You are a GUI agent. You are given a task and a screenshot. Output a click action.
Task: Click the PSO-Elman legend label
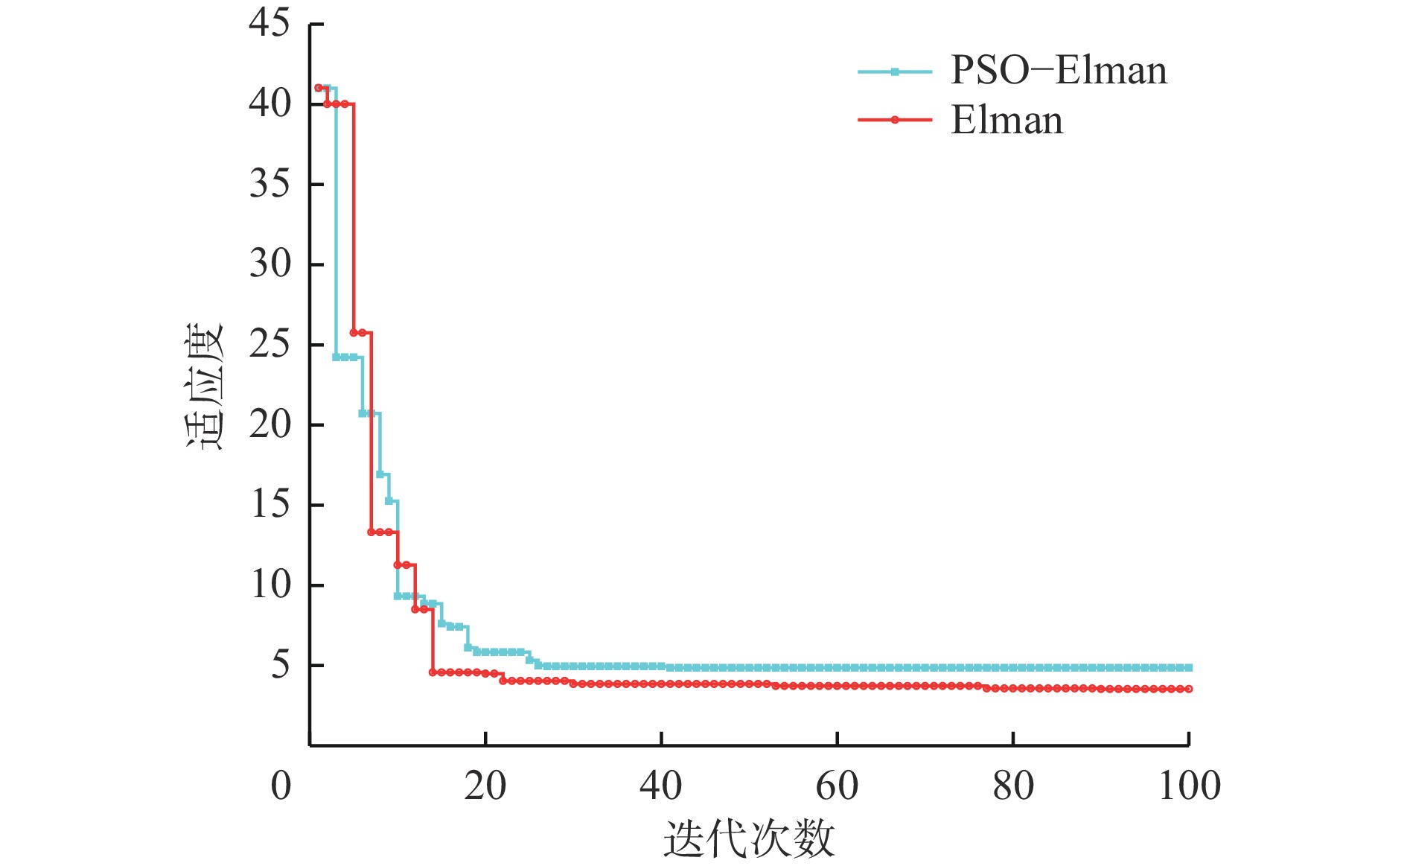coord(1059,71)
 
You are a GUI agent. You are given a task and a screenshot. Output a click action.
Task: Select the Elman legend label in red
coord(1006,121)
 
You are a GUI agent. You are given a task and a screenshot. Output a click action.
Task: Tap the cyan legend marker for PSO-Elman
coord(895,72)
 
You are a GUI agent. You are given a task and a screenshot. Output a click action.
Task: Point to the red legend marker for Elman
coord(895,120)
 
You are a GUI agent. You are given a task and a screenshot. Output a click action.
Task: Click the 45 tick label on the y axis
coord(269,23)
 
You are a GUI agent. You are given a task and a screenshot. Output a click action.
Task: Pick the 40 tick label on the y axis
coord(269,104)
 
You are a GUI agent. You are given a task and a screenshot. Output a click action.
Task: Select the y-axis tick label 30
coord(269,264)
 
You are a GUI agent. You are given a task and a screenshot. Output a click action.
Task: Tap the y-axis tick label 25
coord(269,344)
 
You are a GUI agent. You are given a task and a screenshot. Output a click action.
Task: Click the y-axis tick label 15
coord(269,504)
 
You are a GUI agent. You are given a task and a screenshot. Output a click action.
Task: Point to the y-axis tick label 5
coord(280,664)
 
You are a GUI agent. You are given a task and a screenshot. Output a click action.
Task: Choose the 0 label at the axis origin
coord(281,786)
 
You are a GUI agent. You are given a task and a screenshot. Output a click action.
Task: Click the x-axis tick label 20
coord(485,786)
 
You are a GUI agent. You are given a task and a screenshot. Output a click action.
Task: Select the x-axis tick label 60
coord(837,786)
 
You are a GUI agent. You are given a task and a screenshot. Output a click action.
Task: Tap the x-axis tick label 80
coord(1012,786)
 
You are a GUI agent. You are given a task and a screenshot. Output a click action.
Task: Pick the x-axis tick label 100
coord(1189,786)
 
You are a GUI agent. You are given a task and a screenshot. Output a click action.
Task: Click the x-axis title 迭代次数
coord(749,838)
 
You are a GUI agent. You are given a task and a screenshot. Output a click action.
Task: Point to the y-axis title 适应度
coord(203,387)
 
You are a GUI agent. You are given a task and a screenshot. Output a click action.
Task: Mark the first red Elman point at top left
coord(319,88)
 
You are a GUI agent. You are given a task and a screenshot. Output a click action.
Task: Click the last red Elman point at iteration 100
coord(1189,689)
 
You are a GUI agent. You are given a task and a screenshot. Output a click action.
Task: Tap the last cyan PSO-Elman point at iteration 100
coord(1189,668)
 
